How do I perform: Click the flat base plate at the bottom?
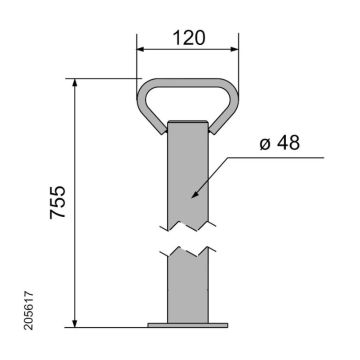coord(188,325)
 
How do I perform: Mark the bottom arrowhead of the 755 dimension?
coord(76,321)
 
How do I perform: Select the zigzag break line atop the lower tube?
coord(188,248)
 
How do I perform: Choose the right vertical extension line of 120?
coord(239,60)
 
